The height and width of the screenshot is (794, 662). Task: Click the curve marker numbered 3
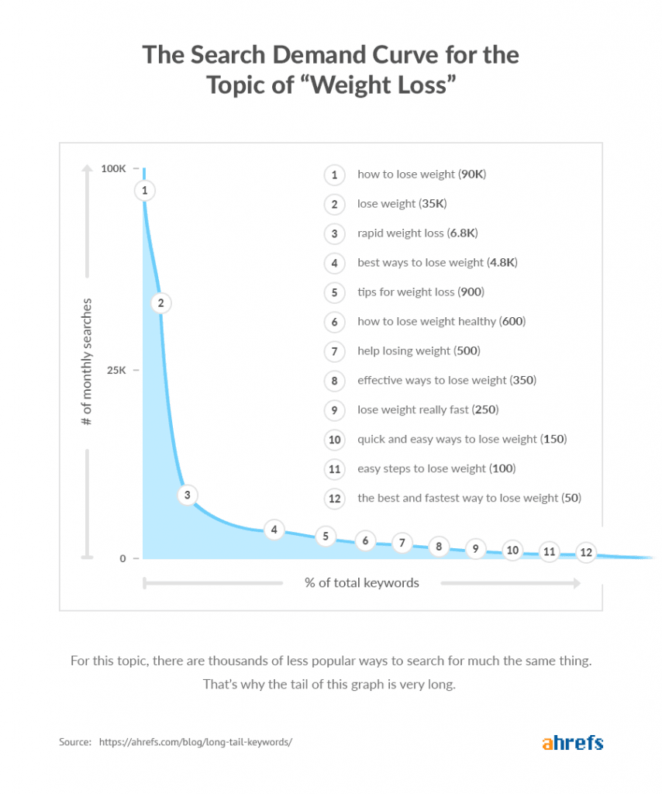tap(187, 495)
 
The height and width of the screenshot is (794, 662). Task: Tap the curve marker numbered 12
tap(586, 553)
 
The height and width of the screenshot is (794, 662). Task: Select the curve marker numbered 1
tap(145, 190)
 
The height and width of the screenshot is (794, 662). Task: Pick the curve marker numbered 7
tap(402, 544)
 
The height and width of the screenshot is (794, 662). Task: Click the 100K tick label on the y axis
tap(113, 169)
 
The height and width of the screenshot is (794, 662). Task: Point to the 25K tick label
tap(116, 371)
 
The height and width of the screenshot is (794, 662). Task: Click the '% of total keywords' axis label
tap(361, 583)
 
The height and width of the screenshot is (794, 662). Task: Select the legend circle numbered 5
tap(334, 292)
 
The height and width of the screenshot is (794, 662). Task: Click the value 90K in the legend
tap(472, 174)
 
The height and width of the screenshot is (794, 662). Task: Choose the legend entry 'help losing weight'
tap(403, 351)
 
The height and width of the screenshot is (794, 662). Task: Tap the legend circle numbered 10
tap(334, 440)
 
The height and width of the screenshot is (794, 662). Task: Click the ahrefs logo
tap(572, 743)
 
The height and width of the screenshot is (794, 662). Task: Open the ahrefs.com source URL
tap(195, 743)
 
